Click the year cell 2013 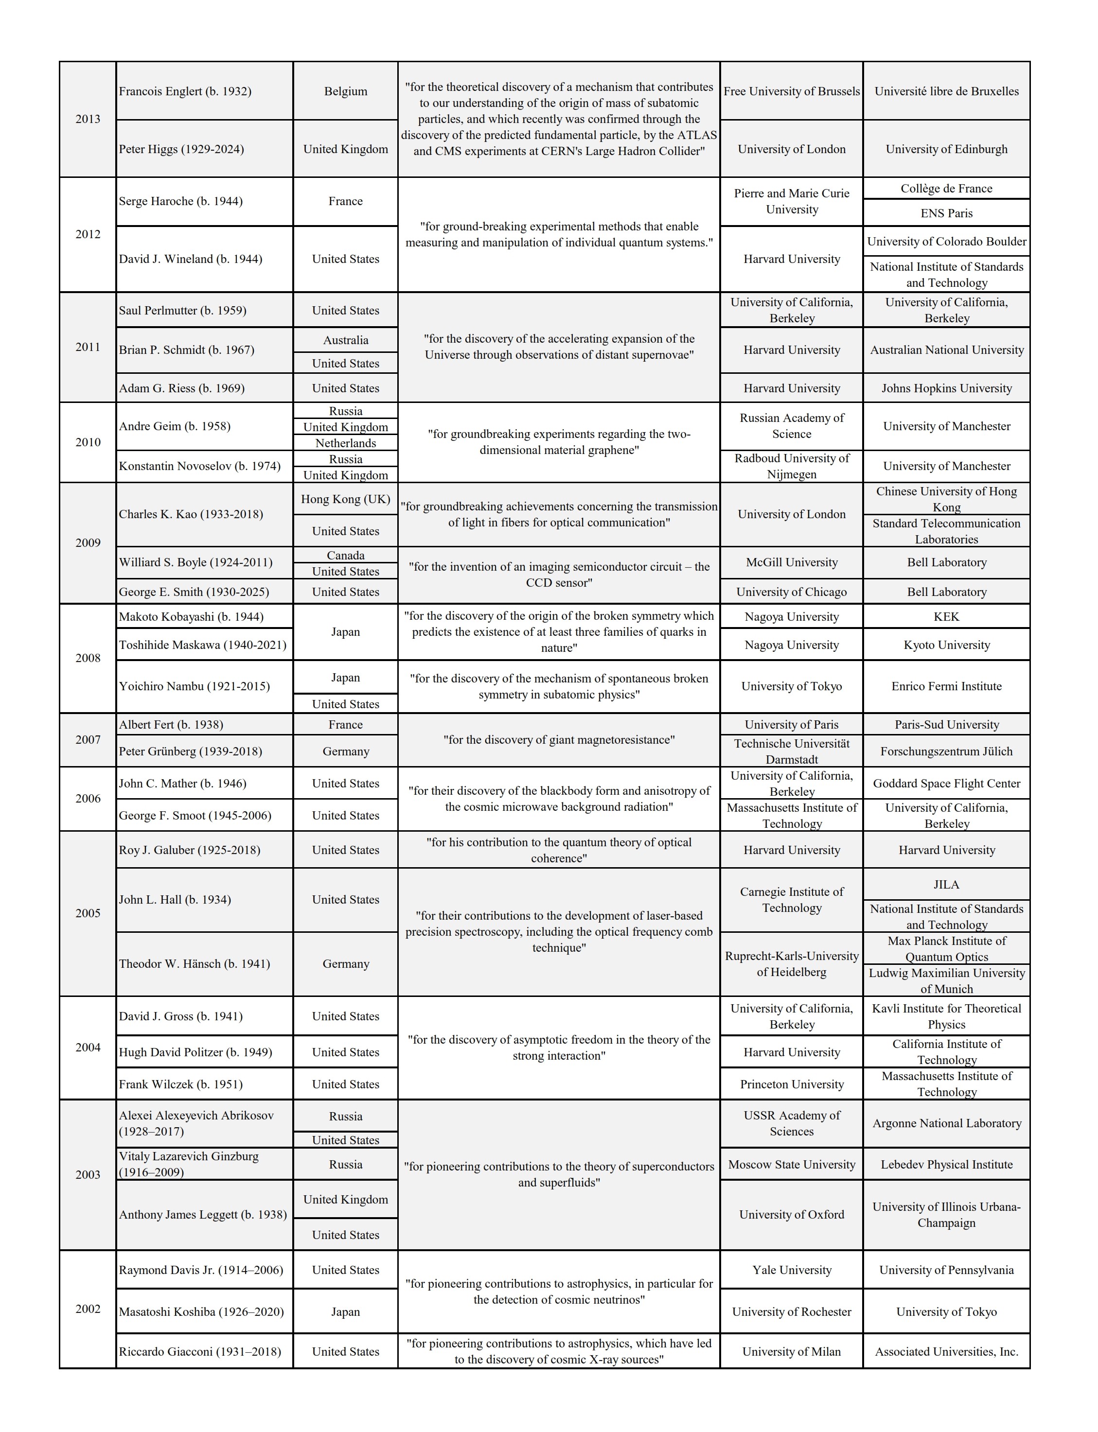click(x=88, y=119)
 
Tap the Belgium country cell click(x=345, y=91)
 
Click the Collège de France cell click(x=946, y=189)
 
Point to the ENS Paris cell click(x=946, y=213)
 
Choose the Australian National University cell click(x=946, y=350)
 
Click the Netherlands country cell click(x=345, y=443)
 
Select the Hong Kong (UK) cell click(x=345, y=499)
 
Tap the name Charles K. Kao click(x=191, y=514)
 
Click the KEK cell click(x=946, y=617)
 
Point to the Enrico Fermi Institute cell click(x=946, y=686)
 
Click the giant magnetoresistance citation click(x=558, y=739)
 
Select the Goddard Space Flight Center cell click(x=946, y=783)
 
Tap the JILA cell click(x=946, y=885)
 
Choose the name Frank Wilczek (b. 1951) click(x=180, y=1084)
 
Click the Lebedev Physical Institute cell click(x=946, y=1164)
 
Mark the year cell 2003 click(x=88, y=1174)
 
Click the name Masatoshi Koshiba click(x=201, y=1312)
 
